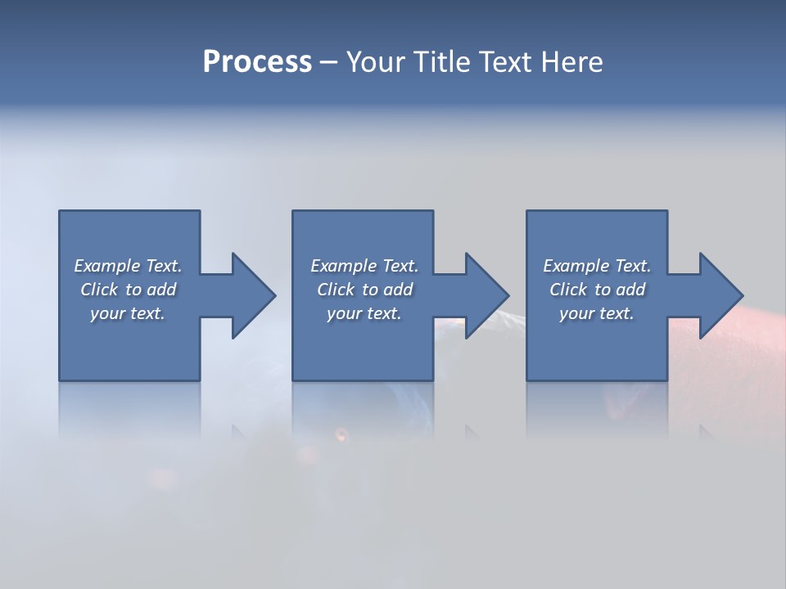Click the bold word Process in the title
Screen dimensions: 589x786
coord(257,61)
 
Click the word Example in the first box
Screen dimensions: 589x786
coord(106,266)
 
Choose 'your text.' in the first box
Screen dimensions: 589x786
coord(128,313)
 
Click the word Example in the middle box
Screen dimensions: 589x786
coord(343,266)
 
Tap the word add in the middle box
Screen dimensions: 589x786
coord(398,290)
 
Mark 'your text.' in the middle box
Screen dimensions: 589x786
coord(364,313)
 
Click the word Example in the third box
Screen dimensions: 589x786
coord(576,266)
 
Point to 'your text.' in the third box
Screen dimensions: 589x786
coord(597,313)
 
